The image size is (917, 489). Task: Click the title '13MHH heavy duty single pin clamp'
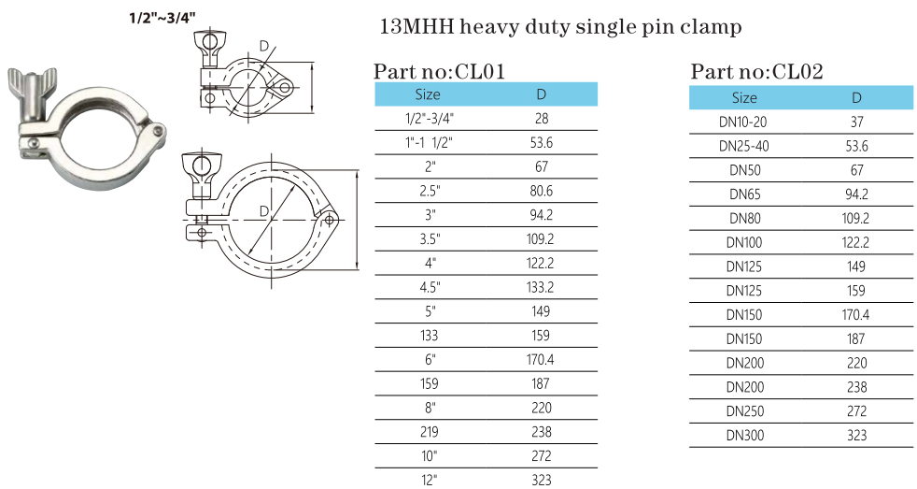[561, 27]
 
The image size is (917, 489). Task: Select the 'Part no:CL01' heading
[440, 71]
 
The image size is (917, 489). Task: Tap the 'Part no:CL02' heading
[757, 71]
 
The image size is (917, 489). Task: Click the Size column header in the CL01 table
[428, 94]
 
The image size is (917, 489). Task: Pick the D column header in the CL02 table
[856, 97]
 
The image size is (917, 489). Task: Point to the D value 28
[542, 119]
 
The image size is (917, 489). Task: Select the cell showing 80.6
[542, 191]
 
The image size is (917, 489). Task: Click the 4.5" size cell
[428, 287]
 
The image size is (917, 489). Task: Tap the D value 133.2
[542, 287]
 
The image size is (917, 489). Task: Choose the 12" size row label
[428, 480]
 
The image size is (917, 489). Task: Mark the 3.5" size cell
[428, 238]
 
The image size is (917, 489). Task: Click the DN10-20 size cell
[743, 122]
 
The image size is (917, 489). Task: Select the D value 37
[856, 122]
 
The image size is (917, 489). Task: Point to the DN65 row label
[743, 194]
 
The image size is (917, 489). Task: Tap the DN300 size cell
[743, 435]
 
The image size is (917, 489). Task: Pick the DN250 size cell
[743, 410]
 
